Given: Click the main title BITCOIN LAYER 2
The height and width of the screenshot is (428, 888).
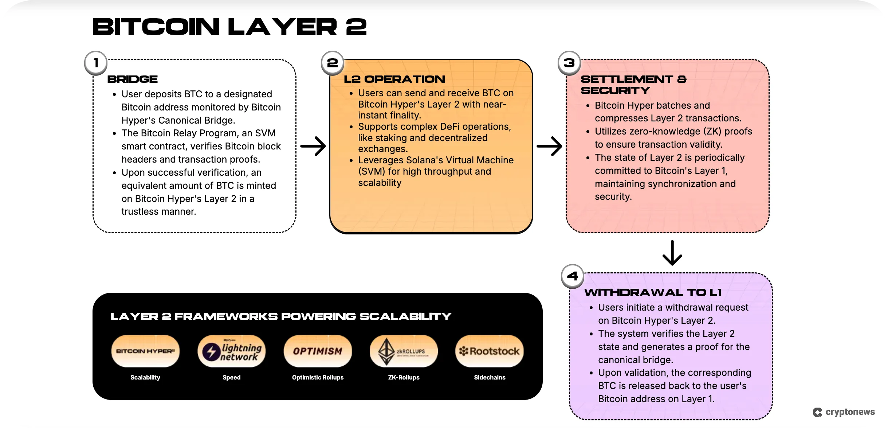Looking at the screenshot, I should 229,27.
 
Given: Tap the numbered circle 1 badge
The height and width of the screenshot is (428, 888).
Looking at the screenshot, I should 96,63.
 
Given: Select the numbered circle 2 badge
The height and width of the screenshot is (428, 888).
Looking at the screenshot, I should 332,63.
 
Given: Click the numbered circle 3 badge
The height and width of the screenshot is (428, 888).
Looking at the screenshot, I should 569,63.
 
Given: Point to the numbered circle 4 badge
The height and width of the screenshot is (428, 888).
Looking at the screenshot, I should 572,276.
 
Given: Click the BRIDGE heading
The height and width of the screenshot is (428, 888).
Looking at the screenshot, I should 133,79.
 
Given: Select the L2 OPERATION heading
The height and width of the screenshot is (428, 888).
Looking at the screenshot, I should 394,79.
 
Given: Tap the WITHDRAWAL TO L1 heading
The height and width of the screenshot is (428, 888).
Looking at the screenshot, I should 653,292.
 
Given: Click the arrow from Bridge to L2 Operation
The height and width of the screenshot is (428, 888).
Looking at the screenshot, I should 313,146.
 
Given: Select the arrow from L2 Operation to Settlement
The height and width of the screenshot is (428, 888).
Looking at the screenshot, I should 550,146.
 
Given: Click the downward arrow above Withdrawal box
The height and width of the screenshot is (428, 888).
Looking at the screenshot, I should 672,253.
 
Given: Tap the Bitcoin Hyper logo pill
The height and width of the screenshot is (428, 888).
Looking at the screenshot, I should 145,351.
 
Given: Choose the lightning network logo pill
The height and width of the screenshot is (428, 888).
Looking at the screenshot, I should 232,351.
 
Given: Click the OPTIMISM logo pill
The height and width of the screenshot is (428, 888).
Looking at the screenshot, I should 318,351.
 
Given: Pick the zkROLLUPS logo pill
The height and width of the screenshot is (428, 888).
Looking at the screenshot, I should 404,351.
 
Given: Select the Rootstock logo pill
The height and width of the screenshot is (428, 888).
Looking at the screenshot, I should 490,351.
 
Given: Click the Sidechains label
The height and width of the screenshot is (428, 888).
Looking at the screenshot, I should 490,377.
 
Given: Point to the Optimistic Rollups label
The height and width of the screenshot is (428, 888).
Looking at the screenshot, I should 318,377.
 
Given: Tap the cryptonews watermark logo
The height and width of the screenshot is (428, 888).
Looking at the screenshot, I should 844,412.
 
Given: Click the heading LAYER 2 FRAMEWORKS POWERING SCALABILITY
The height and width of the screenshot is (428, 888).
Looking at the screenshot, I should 281,316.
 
